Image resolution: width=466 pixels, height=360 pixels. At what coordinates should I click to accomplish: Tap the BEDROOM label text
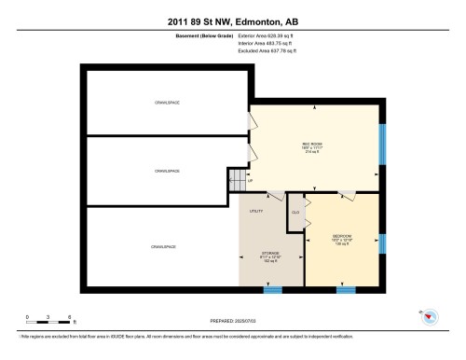(x=342, y=236)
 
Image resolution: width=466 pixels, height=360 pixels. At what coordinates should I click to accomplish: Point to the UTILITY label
(x=255, y=212)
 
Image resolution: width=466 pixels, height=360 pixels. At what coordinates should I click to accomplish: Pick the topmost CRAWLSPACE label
(x=167, y=102)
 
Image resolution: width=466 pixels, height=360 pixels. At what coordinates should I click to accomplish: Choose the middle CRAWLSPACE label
(x=167, y=172)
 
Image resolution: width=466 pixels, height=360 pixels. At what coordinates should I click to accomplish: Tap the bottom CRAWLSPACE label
(x=162, y=246)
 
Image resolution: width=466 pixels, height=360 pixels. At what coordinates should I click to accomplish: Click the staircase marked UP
(x=239, y=177)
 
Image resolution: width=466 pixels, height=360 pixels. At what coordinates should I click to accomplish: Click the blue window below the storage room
(x=272, y=290)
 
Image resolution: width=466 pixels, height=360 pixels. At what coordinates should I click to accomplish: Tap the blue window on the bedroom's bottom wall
(x=346, y=290)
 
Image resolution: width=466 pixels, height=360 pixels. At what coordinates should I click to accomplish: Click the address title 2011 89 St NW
(x=232, y=21)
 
